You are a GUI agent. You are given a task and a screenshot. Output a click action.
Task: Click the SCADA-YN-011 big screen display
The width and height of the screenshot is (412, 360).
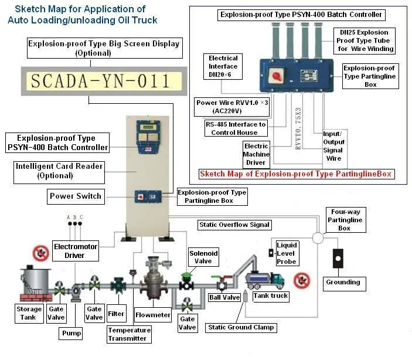point(100,81)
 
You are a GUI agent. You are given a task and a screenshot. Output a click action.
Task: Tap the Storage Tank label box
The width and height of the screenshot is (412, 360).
point(29,313)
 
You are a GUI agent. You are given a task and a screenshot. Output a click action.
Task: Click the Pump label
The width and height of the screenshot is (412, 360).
point(71,333)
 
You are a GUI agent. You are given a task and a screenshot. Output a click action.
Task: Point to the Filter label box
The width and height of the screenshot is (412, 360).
point(117,314)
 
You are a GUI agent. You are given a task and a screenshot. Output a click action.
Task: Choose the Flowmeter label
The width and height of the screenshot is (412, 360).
point(152,315)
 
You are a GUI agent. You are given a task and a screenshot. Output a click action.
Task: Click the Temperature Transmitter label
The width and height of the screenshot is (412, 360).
point(129,334)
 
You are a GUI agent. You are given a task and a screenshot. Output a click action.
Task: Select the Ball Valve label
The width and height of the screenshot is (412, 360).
point(224,297)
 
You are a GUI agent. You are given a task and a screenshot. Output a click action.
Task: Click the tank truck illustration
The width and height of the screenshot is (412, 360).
point(264,280)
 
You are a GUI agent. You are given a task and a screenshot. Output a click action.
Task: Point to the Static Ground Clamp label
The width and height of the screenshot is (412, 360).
point(240,327)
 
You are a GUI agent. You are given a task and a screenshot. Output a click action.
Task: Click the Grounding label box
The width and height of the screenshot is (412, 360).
point(343,282)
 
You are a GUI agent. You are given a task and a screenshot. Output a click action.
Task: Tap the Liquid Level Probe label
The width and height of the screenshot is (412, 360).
point(287,253)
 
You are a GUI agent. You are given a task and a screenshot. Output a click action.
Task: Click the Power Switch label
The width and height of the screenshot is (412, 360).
point(76,196)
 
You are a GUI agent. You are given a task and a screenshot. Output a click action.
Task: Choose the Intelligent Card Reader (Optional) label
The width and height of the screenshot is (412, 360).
point(58,171)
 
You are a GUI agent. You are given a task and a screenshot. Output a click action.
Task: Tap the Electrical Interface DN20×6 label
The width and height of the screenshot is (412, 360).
point(223,66)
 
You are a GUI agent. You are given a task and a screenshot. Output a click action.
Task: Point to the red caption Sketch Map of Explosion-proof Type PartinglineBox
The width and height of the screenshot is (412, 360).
point(296,174)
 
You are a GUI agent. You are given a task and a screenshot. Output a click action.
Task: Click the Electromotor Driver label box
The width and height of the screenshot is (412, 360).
point(75,251)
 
